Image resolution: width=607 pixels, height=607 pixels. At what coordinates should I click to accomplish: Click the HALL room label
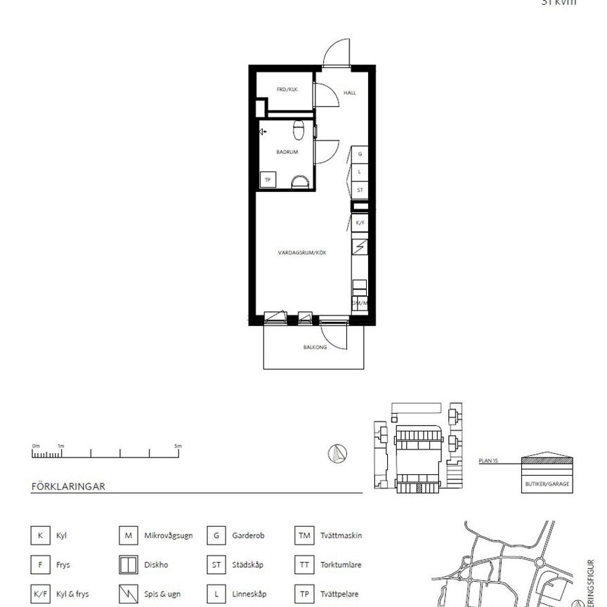pyautogui.click(x=349, y=92)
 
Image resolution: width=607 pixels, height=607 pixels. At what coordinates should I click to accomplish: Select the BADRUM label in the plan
pyautogui.click(x=287, y=152)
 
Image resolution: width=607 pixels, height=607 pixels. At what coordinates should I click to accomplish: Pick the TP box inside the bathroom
pyautogui.click(x=268, y=181)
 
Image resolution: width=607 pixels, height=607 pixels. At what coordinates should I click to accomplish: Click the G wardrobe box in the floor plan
pyautogui.click(x=360, y=154)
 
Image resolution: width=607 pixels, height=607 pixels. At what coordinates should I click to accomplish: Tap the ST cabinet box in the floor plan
pyautogui.click(x=360, y=190)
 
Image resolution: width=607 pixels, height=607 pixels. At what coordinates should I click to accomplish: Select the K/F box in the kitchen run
pyautogui.click(x=360, y=223)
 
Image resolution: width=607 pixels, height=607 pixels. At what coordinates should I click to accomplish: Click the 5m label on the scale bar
pyautogui.click(x=178, y=445)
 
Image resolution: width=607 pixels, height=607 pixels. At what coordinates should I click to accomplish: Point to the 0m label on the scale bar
pyautogui.click(x=35, y=445)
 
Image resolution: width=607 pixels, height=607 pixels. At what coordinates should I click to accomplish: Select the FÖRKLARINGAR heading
pyautogui.click(x=68, y=486)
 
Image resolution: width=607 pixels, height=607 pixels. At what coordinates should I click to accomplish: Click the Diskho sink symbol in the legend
pyautogui.click(x=127, y=564)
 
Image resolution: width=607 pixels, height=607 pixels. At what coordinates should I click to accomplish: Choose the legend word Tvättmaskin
pyautogui.click(x=341, y=535)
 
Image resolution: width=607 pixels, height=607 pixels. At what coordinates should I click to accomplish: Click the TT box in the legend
pyautogui.click(x=303, y=564)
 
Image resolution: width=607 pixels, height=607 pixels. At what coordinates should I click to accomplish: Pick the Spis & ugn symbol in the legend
pyautogui.click(x=127, y=593)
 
